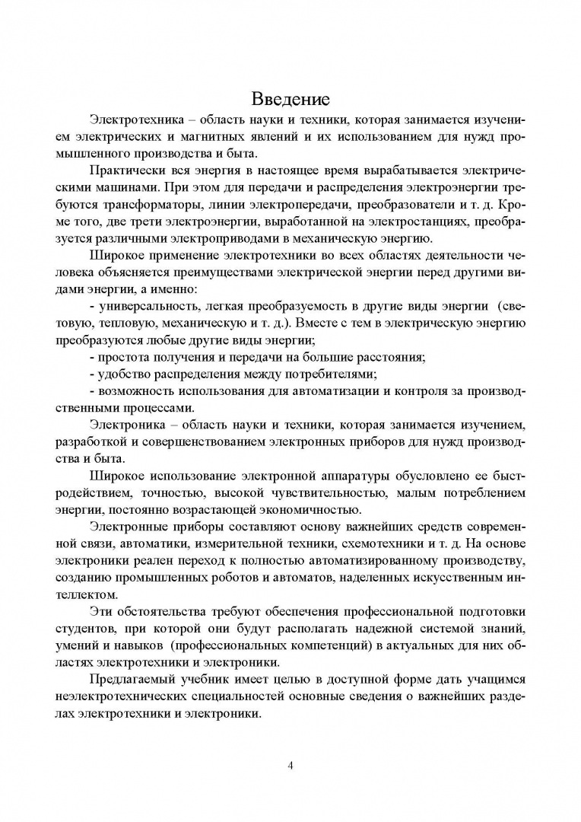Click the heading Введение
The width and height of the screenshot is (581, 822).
pos(290,99)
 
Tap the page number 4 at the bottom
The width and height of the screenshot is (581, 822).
pos(290,765)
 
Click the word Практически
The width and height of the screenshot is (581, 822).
pos(126,171)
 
